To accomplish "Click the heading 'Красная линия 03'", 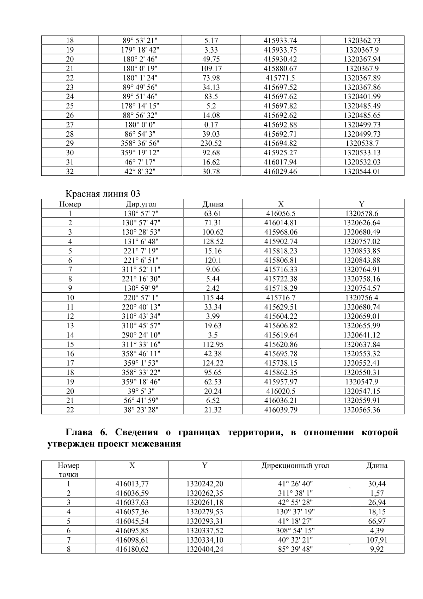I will point(103,193).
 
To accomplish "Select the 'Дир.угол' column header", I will point(141,204).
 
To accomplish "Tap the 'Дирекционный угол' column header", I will point(295,465).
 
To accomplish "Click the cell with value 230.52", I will point(211,143).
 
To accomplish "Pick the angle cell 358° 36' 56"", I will point(140,143).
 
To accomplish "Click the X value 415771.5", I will point(280,78).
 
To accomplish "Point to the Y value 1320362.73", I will point(362,41).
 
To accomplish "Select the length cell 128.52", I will point(213,241).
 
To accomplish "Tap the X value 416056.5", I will point(280,214).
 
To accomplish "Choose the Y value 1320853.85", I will point(362,251).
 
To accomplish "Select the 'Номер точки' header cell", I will point(68,470).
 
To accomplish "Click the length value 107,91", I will point(377,540).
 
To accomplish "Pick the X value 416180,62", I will point(132,549).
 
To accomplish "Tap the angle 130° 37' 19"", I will point(295,512).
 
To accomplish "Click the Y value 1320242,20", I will point(204,484).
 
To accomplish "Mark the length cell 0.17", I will point(211,125).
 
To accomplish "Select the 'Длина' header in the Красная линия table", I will point(213,204).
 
